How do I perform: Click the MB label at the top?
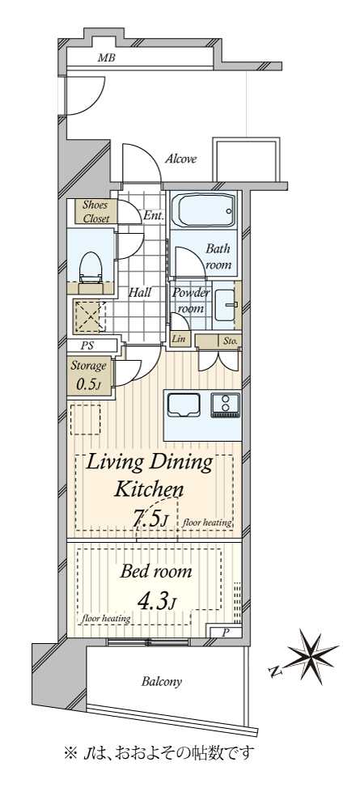coord(106,58)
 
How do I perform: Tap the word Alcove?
coord(180,159)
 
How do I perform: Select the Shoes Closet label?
coord(95,212)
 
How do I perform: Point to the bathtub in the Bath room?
coord(204,210)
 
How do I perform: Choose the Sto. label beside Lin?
coord(230,341)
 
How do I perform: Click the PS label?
coord(88,346)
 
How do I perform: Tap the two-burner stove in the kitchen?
coord(226,405)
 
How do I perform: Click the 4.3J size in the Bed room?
coord(156,602)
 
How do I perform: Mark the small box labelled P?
coord(224,632)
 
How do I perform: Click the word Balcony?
coord(162,682)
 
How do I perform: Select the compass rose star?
coord(310,656)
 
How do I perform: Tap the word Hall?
coord(139,292)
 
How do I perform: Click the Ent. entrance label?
coord(154,214)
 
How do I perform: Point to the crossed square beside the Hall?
coord(90,316)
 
